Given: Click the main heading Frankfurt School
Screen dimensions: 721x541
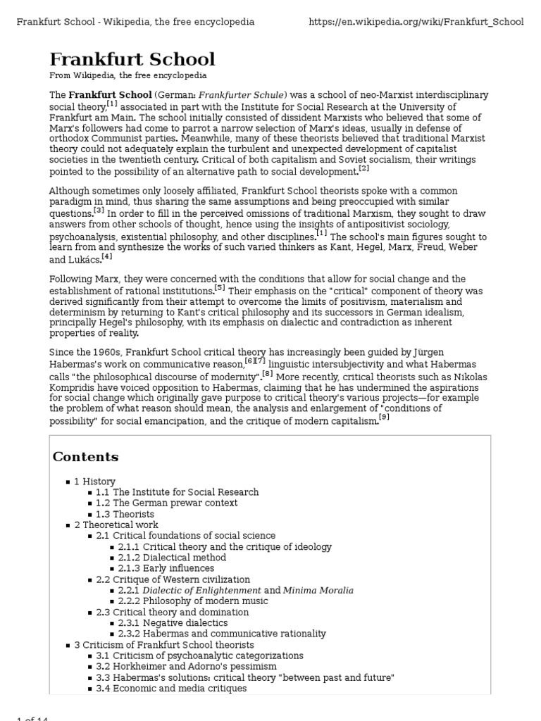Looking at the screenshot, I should point(132,59).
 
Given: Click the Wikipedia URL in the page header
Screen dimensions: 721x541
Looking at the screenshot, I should point(416,22).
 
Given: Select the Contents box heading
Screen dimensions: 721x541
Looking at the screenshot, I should point(85,457).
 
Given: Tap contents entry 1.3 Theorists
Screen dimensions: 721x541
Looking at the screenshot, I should point(125,514).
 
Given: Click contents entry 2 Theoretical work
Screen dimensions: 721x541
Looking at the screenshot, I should point(116,525).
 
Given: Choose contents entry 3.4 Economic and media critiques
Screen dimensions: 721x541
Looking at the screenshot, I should point(172,688).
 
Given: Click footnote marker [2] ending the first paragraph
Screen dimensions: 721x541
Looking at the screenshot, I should point(363,169).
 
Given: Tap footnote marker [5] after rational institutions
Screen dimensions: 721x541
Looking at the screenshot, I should point(220,288).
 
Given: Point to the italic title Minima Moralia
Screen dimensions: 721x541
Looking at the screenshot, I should point(318,590).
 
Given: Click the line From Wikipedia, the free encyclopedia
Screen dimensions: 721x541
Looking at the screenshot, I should point(128,75).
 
